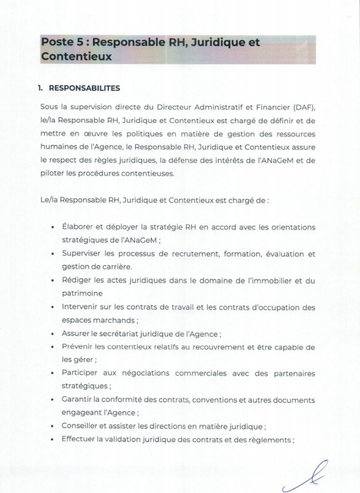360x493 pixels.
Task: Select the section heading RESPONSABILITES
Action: [84, 88]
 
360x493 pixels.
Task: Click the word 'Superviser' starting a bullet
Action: [82, 254]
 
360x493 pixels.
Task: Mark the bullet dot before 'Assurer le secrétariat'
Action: [52, 334]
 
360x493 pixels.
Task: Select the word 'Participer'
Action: [81, 373]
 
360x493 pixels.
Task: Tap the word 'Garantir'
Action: [78, 399]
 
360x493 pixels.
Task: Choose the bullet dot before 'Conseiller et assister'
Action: [52, 426]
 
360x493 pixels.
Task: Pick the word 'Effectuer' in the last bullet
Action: [80, 439]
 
